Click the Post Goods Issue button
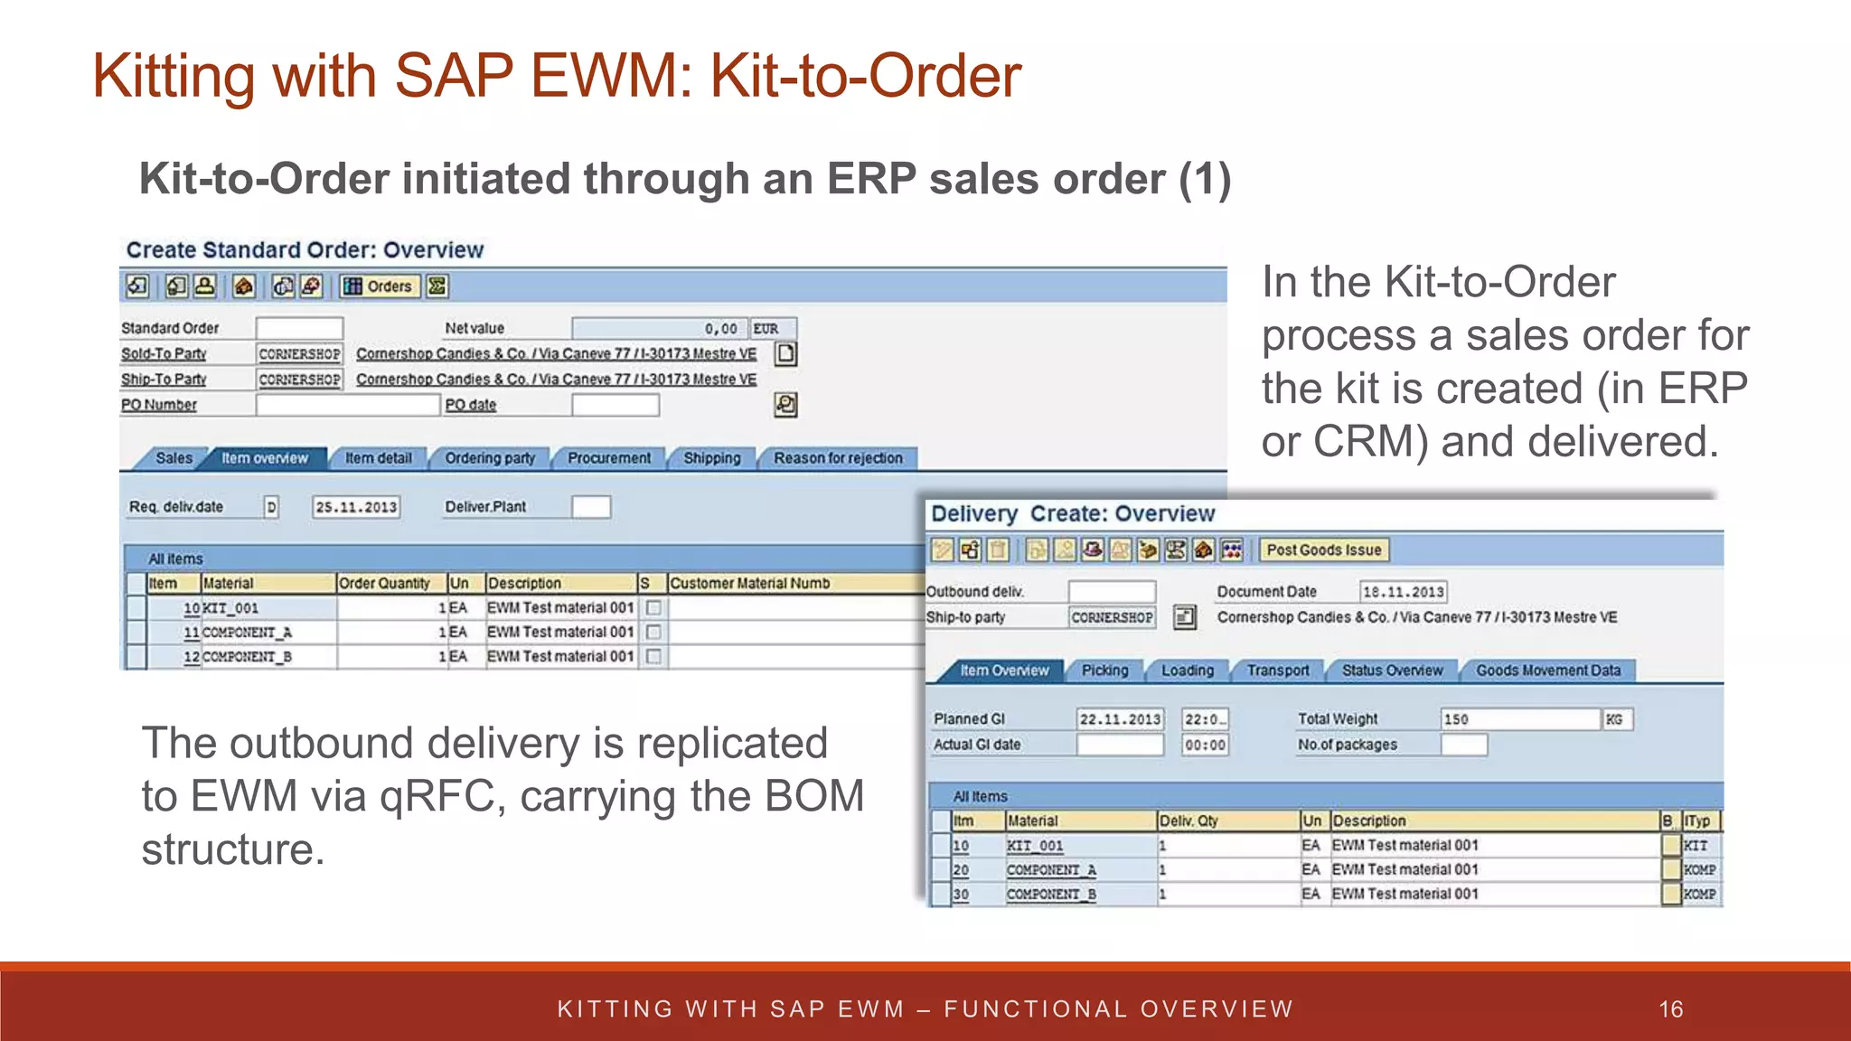1323,549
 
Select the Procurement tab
608,458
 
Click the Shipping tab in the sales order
711,458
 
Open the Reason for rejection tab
837,458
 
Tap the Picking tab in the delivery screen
1104,671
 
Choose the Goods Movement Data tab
1547,671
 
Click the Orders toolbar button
380,286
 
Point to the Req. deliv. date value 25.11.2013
356,507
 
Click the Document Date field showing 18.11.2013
1403,592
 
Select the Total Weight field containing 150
1518,719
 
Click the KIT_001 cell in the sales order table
231,608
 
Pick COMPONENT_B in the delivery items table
1051,894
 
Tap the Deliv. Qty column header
1189,821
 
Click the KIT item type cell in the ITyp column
1696,846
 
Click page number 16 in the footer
1670,1009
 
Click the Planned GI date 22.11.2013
1120,719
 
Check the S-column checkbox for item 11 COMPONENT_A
653,633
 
